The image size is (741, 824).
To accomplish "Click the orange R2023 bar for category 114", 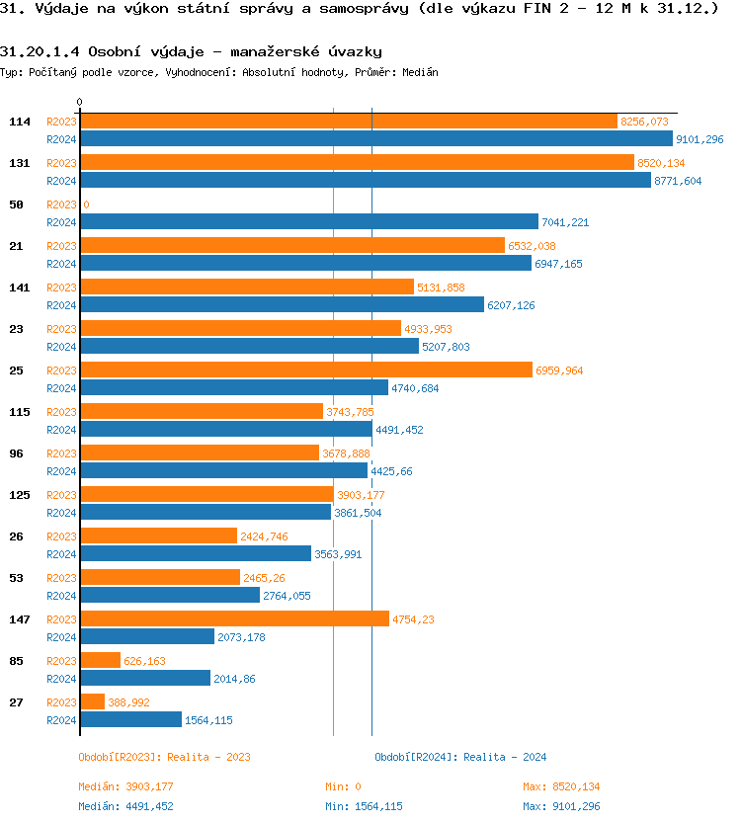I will [x=348, y=122].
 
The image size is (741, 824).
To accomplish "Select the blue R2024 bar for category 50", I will [x=308, y=222].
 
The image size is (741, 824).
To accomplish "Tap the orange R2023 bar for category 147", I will [x=234, y=619].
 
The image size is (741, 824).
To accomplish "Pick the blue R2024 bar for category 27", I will [x=130, y=720].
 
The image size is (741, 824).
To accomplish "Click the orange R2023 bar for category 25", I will [x=305, y=371].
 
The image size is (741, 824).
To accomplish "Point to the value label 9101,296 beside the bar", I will [x=700, y=139].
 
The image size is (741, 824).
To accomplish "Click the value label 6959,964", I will [x=559, y=371].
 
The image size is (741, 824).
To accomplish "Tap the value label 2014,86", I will [x=234, y=679].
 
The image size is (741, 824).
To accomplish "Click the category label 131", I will [x=20, y=163].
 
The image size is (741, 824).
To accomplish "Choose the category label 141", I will [x=20, y=288].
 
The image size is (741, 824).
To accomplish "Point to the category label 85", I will [x=16, y=661].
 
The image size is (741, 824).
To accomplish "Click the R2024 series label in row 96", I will [x=61, y=471].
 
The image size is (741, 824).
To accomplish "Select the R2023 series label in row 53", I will [x=61, y=578].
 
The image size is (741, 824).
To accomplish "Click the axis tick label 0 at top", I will [x=80, y=102].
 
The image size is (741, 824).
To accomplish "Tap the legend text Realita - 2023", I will [x=208, y=757].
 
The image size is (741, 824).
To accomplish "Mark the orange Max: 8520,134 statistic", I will [x=561, y=786].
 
